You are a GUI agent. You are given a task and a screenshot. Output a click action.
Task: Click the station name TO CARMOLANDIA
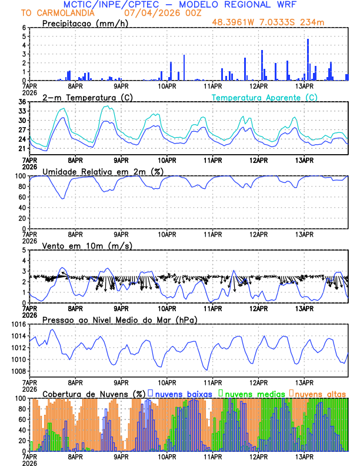(x=52, y=13)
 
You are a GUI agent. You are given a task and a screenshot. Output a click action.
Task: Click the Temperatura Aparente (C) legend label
(x=264, y=97)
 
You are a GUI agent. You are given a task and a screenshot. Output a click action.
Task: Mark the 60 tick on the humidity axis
(x=21, y=197)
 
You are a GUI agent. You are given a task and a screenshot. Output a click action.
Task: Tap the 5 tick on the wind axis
(x=24, y=250)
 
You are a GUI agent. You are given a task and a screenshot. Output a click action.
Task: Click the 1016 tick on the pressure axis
(x=18, y=324)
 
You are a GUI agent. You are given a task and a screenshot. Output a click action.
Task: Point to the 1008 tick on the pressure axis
(x=18, y=371)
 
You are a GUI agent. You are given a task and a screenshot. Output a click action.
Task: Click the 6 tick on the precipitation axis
(x=24, y=28)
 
